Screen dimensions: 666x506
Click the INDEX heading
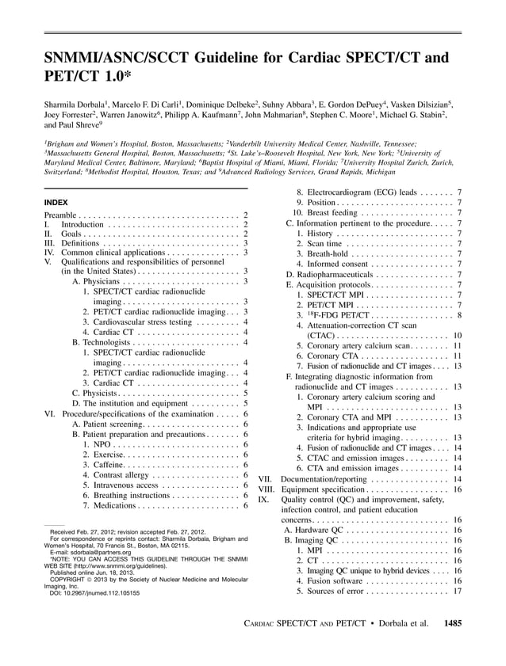[56, 203]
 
